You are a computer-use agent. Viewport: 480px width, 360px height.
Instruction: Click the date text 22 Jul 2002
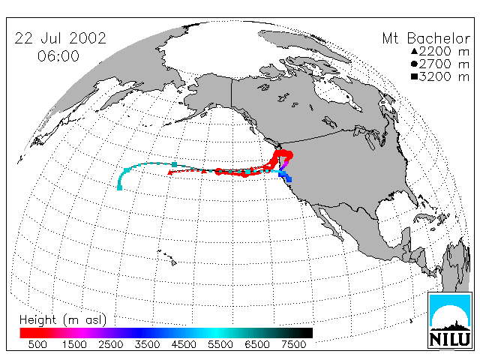coord(60,38)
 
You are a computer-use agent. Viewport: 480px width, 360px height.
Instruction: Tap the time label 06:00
coord(58,56)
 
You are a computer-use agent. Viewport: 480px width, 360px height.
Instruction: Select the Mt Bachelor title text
coord(426,38)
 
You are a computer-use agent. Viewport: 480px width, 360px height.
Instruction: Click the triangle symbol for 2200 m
coord(414,51)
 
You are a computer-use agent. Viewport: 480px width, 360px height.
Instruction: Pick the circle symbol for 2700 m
coord(414,64)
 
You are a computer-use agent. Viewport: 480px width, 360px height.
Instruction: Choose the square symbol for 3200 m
coord(414,76)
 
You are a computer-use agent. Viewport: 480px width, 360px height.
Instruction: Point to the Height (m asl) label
coord(63,320)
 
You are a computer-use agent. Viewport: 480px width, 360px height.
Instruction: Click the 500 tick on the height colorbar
coord(37,345)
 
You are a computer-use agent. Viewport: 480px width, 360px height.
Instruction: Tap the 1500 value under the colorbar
coord(74,345)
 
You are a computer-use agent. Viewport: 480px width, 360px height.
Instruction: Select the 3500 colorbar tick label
coord(147,345)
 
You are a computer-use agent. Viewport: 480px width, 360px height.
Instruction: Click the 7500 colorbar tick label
coord(293,345)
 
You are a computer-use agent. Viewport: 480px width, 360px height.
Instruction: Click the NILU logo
coord(450,320)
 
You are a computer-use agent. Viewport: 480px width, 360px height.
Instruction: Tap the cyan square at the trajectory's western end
coord(120,187)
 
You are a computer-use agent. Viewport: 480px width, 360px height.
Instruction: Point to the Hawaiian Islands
coord(167,257)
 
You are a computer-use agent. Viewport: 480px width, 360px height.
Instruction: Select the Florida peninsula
coord(411,198)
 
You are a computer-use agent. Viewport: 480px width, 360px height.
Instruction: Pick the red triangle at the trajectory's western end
coord(169,172)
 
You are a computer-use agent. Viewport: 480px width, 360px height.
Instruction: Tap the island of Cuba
coord(425,217)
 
